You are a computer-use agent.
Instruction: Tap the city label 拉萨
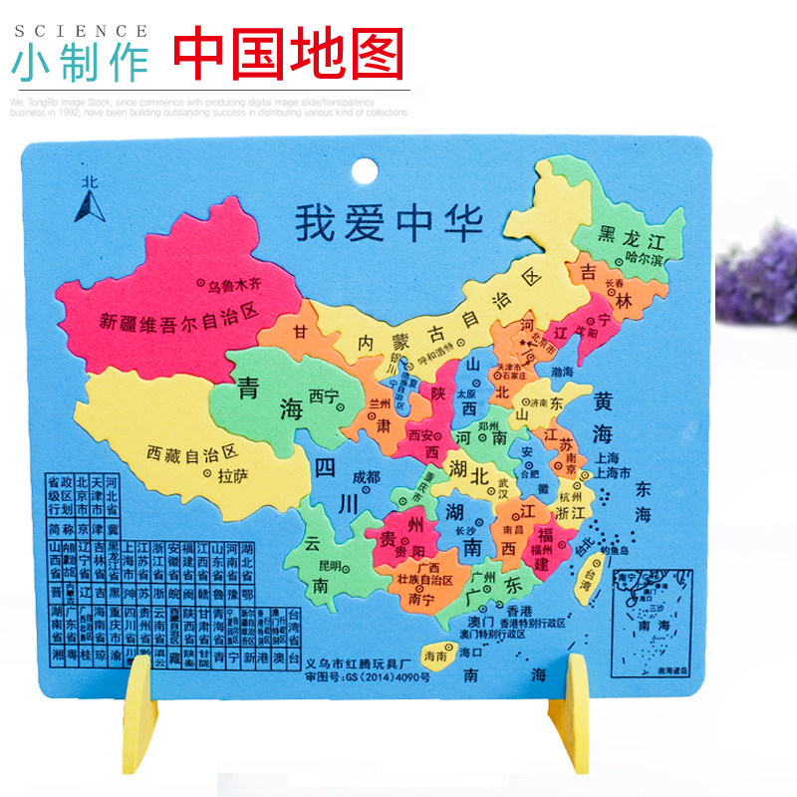232,474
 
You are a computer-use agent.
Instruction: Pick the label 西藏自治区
191,451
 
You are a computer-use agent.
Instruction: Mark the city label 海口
471,653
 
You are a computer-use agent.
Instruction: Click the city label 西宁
324,395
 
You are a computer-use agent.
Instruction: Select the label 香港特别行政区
538,623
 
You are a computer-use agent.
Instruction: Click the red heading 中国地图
290,51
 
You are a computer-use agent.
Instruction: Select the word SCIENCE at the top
81,31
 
